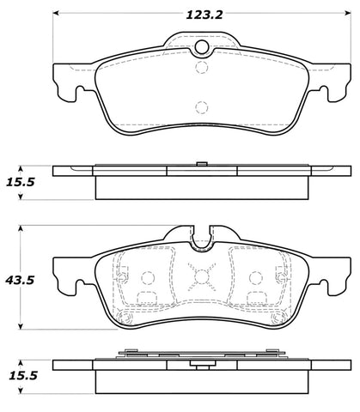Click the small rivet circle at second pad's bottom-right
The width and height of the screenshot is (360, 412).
(276, 318)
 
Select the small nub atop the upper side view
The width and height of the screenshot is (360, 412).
(200, 162)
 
